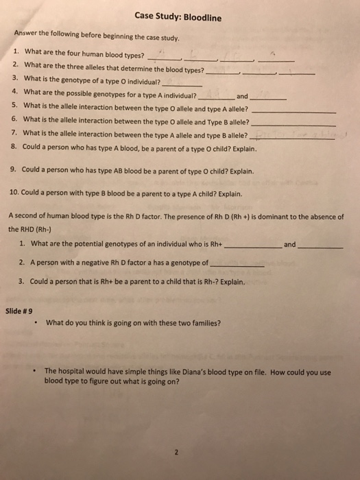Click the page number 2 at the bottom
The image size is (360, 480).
[176, 451]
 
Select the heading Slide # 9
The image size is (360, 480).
[19, 311]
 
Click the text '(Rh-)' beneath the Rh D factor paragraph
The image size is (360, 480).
[32, 229]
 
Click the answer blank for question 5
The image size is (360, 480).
[294, 111]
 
